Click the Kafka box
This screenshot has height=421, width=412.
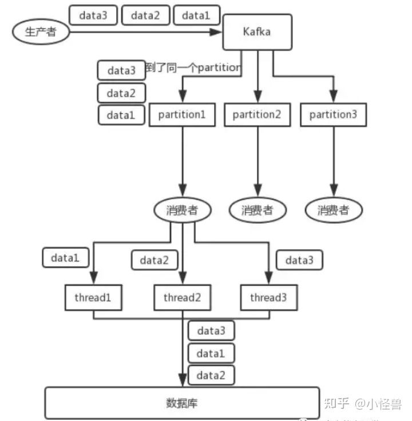257,32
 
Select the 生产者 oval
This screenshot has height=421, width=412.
40,32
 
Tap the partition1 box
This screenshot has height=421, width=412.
182,115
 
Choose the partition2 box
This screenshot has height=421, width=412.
257,115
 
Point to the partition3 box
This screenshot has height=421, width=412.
333,115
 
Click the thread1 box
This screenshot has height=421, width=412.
92,298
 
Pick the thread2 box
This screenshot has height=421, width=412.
182,298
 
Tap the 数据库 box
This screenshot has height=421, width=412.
182,403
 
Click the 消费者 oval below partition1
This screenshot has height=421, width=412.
182,210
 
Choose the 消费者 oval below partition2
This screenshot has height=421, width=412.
257,210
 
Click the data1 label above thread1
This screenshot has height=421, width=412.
65,258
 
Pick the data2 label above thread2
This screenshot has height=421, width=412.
154,261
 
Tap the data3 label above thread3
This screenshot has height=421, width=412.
299,261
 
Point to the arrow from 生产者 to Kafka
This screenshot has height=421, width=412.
143,32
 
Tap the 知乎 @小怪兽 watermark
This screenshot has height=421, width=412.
364,404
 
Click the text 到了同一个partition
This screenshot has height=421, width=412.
192,68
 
